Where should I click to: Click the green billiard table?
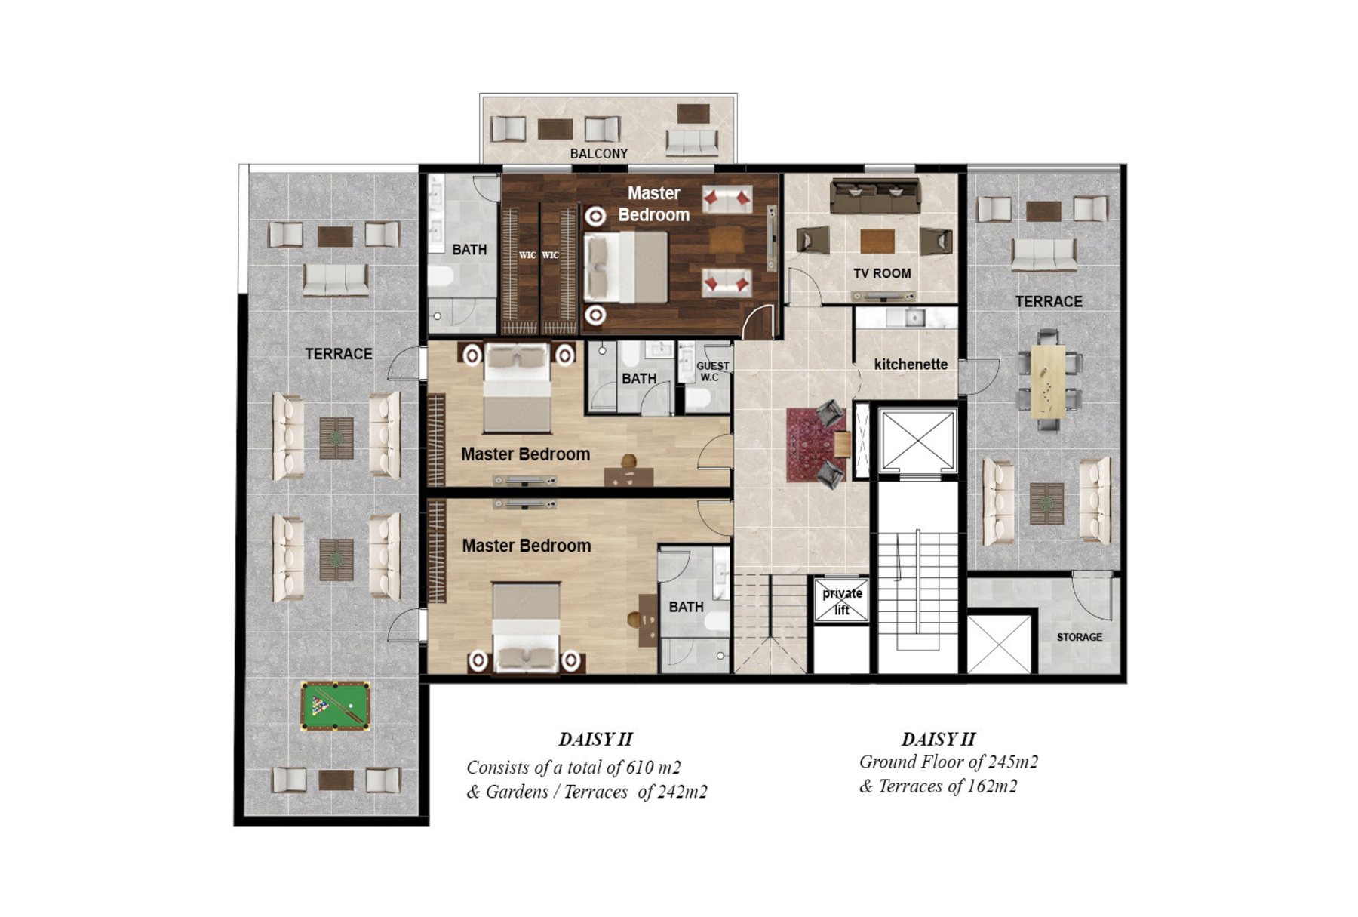336,705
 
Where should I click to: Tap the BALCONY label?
598,154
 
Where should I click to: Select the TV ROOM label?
882,273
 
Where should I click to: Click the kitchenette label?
911,365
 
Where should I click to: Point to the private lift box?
842,601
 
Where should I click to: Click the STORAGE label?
1079,637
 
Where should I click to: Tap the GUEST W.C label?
711,371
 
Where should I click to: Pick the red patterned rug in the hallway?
813,445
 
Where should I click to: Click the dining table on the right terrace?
1049,381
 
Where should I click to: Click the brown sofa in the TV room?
875,196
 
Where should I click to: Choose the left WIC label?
527,255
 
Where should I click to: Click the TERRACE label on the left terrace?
339,354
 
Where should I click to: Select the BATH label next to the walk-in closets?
469,250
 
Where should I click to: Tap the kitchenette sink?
914,318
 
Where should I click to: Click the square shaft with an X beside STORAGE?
999,645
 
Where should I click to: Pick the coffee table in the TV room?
877,242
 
